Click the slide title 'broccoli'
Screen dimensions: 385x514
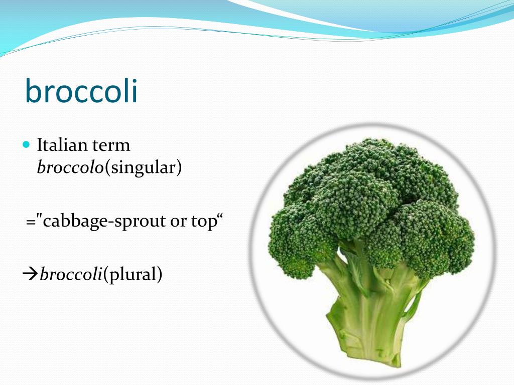[x=81, y=91]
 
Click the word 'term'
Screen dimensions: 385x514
[x=111, y=145]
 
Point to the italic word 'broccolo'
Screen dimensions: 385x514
[x=70, y=167]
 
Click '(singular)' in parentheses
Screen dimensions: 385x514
[x=143, y=167]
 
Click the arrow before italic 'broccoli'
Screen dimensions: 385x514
[x=31, y=274]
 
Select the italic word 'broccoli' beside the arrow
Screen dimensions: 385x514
[x=71, y=274]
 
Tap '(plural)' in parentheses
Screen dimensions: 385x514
[x=133, y=274]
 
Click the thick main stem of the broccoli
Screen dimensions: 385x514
[x=371, y=311]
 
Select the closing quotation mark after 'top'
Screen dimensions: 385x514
[x=219, y=218]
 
